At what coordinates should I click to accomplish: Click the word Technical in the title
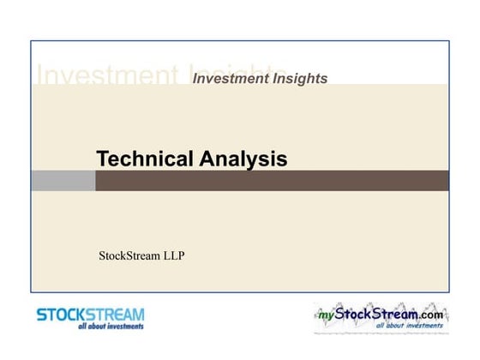click(146, 159)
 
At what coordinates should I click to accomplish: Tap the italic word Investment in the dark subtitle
click(227, 79)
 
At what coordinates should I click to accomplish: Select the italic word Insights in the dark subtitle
click(297, 79)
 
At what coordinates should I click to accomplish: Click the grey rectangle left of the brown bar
click(63, 181)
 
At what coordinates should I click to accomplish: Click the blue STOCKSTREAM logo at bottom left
click(90, 318)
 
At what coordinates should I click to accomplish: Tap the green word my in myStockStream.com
click(325, 315)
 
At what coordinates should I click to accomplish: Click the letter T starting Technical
click(102, 159)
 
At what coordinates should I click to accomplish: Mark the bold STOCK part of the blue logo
click(63, 315)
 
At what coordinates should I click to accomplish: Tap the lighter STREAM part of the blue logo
click(117, 315)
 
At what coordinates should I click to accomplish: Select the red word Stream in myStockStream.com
click(393, 315)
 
